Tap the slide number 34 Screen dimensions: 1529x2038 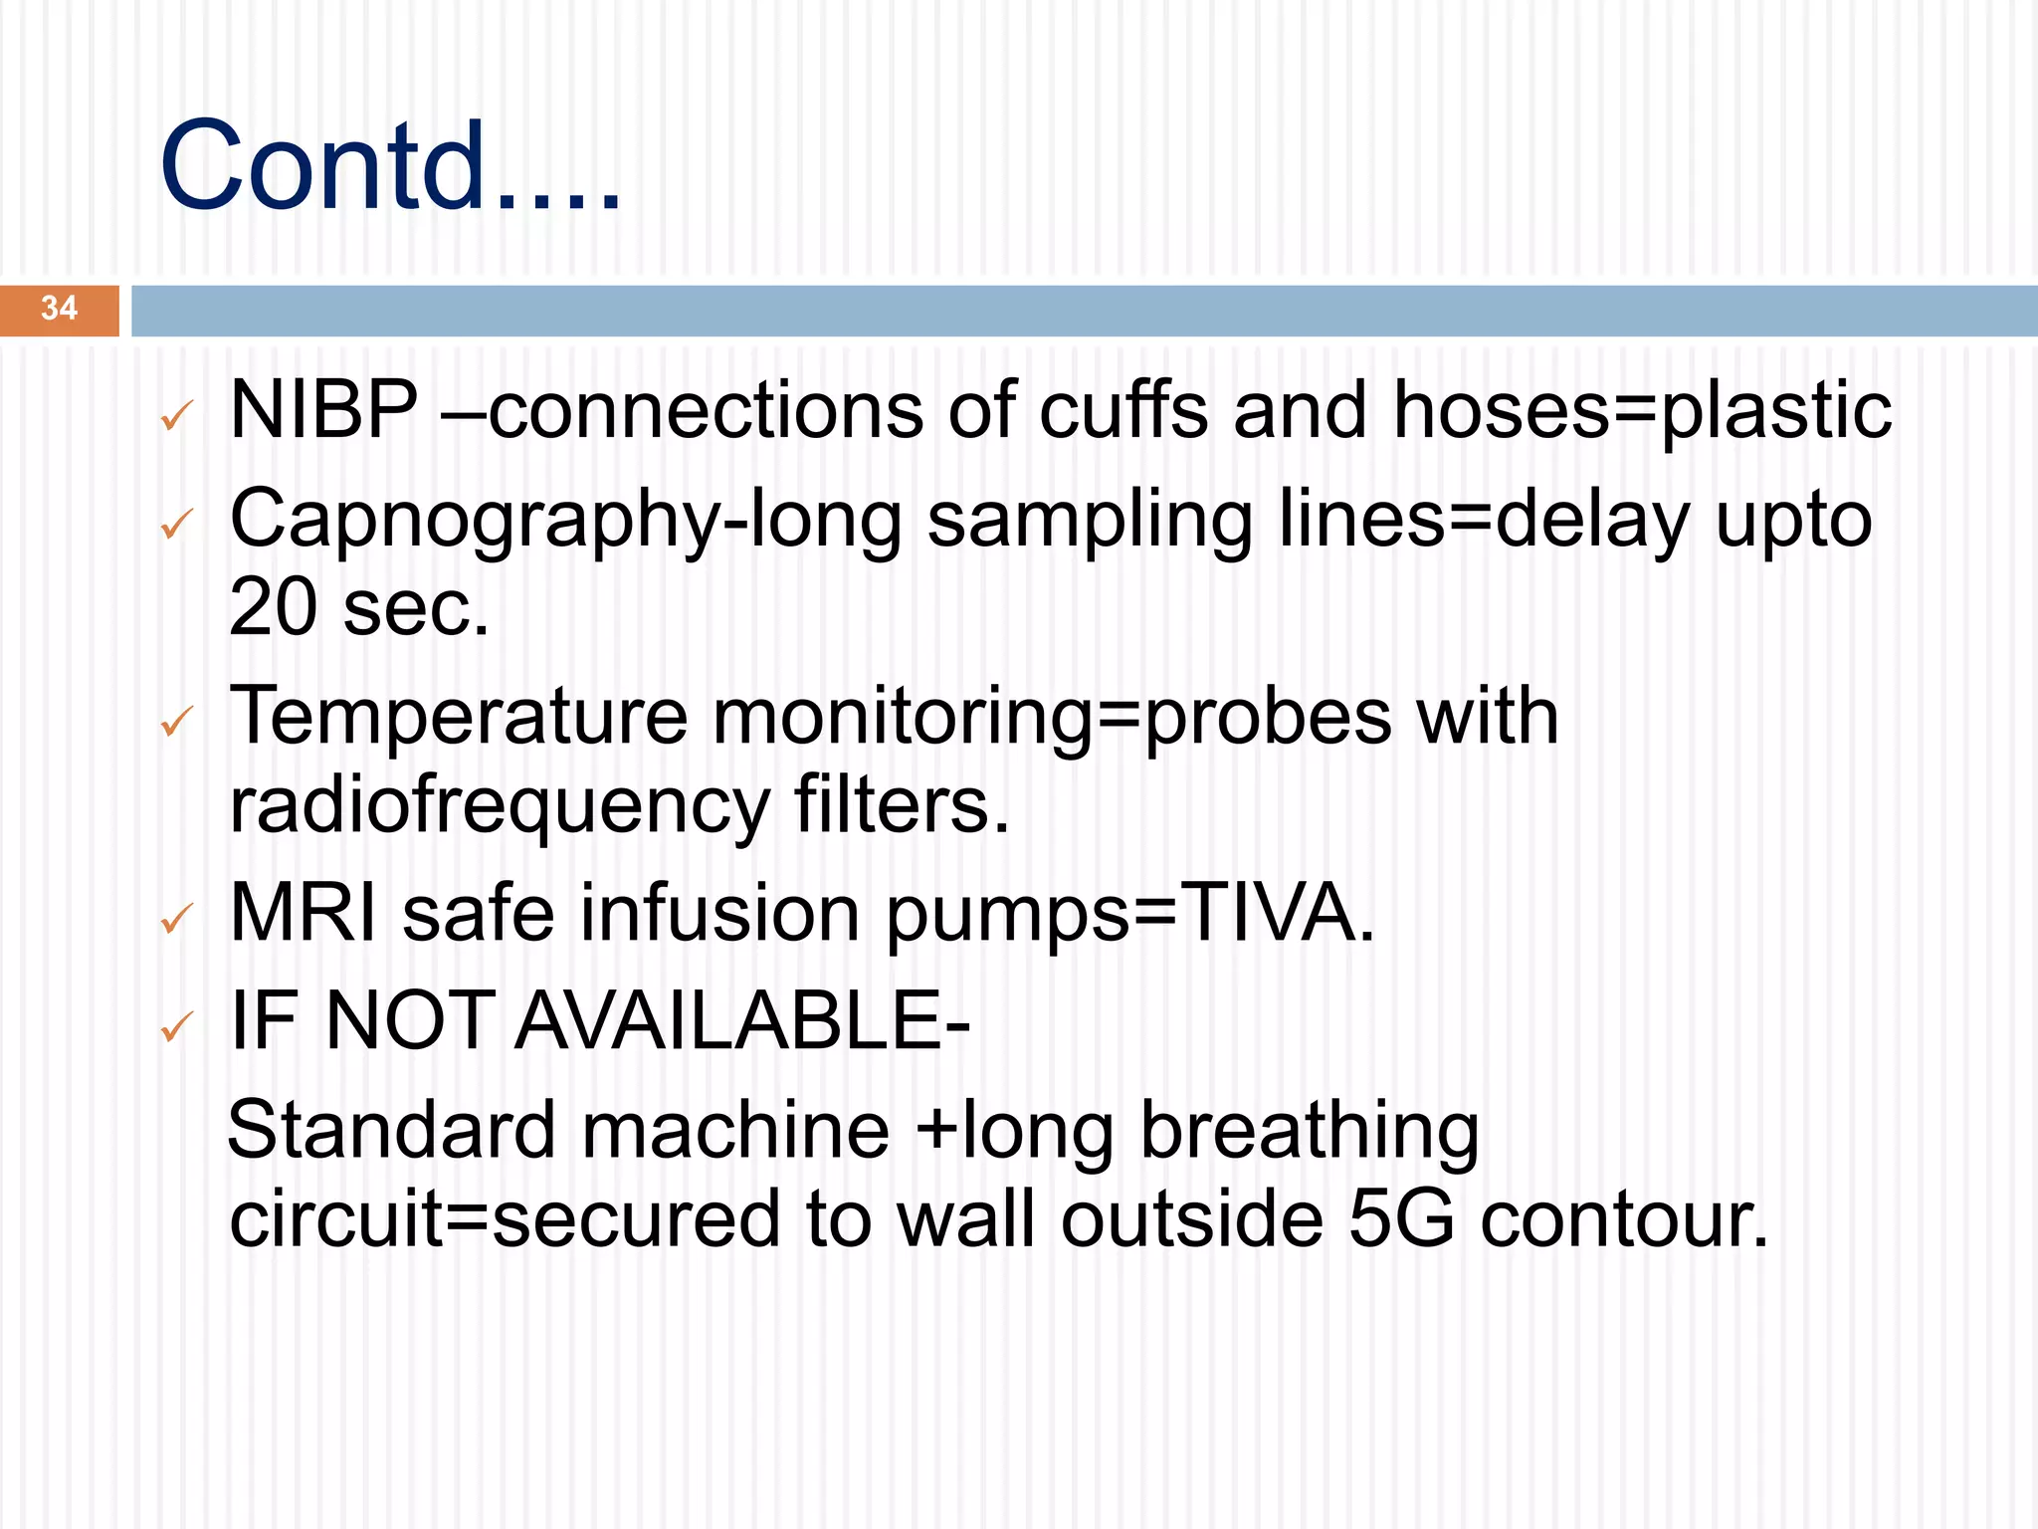pyautogui.click(x=59, y=309)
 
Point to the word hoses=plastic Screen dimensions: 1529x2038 pyautogui.click(x=1642, y=411)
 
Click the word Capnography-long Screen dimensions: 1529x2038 pyautogui.click(x=565, y=521)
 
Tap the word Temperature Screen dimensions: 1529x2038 pyautogui.click(x=458, y=717)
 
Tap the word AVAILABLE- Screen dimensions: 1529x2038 pyautogui.click(x=742, y=1021)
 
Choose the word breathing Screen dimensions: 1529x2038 pyautogui.click(x=1310, y=1132)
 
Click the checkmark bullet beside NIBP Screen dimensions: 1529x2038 pyautogui.click(x=176, y=416)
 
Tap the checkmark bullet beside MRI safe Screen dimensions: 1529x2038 pyautogui.click(x=176, y=920)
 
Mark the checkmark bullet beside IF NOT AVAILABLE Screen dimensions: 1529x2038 pyautogui.click(x=176, y=1027)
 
